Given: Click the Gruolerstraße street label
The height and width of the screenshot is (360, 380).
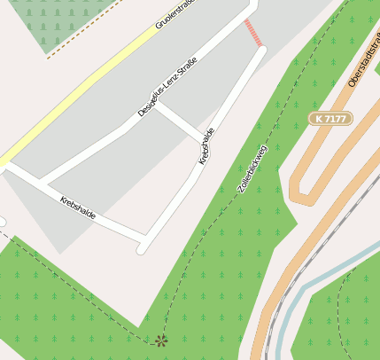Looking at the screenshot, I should [x=174, y=12].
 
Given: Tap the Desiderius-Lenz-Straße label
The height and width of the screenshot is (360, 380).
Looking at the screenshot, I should [x=167, y=87].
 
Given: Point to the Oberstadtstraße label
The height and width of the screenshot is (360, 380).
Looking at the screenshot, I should [x=363, y=62].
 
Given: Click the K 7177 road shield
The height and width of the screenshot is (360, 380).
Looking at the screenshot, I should [x=331, y=118].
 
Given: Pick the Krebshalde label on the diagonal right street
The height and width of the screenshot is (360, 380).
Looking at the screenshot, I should [x=206, y=146].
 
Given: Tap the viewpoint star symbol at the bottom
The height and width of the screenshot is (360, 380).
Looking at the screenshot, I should [x=160, y=340].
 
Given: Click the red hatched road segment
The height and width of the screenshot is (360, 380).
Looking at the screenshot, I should [x=253, y=33].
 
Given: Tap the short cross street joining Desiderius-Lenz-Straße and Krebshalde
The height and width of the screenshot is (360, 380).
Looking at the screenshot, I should [x=182, y=122].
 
